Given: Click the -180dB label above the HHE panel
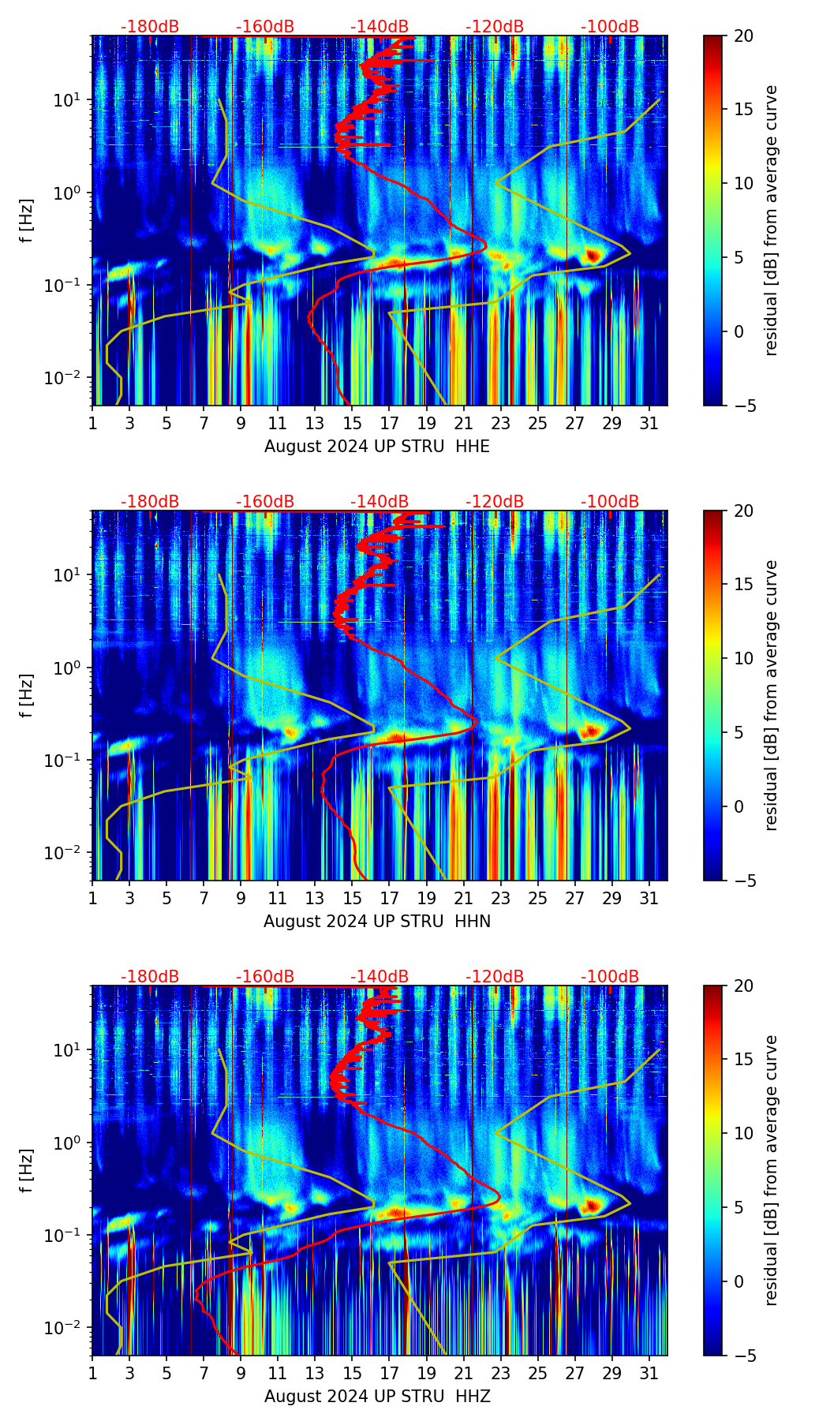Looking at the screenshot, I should click(150, 27).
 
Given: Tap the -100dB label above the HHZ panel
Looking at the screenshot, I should click(610, 977).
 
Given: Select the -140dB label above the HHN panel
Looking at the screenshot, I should click(379, 502).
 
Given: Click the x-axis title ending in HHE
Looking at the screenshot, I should click(377, 447).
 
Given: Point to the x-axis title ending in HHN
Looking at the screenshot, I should click(377, 922).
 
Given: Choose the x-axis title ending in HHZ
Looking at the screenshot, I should click(377, 1397).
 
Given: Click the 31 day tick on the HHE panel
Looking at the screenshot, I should click(649, 424).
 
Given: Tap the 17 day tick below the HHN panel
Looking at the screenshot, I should click(390, 899).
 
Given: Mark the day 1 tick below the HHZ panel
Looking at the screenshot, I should click(93, 1374).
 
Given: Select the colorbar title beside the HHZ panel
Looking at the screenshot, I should click(771, 1170).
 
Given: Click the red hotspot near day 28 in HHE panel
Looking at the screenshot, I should click(593, 255).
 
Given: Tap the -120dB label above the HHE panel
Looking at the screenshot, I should click(495, 27).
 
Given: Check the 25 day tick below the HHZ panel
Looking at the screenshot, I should click(538, 1374).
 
